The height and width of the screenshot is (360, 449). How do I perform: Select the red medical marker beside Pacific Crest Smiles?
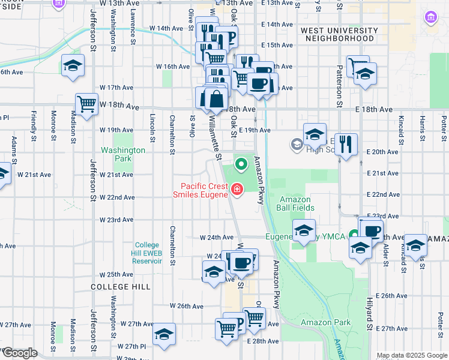237,191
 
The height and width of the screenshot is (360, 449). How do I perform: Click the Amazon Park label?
325,322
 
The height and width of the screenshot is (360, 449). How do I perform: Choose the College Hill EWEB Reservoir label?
147,253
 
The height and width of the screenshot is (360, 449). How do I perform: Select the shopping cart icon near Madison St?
87,103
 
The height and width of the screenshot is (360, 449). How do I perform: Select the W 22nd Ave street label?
116,197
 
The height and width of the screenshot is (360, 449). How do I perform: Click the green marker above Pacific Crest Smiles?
242,163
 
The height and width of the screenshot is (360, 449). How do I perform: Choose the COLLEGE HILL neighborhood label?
120,287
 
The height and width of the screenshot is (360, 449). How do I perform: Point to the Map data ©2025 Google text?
411,355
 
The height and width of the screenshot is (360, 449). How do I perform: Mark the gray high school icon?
297,144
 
